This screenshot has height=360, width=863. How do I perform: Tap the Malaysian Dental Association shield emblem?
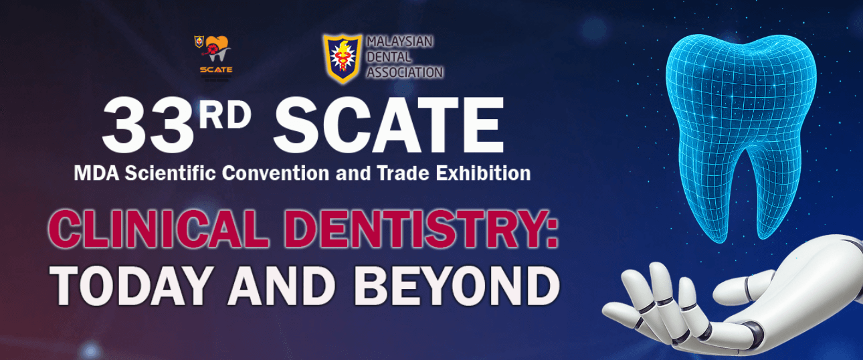pos(343,58)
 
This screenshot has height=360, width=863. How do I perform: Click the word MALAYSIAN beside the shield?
pos(399,41)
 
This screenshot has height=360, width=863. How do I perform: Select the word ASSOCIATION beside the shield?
pos(405,72)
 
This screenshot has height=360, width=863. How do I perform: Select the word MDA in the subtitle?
pos(96,173)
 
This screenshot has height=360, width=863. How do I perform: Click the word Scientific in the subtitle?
pos(170,173)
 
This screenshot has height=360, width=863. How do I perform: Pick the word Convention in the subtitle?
pos(276,173)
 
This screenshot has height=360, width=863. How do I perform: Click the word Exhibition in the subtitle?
pos(483,173)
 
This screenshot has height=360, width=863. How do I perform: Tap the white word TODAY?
pos(132,286)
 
